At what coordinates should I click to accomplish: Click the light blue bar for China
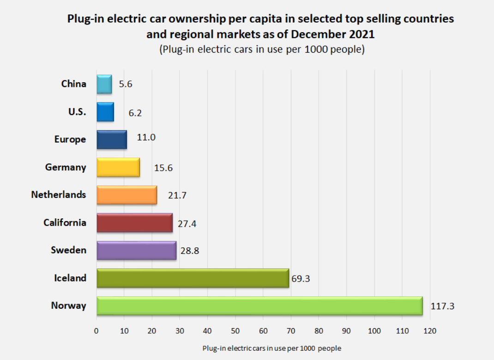pos(104,84)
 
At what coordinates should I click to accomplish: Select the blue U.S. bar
pos(105,112)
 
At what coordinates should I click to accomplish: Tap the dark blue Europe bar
pos(112,139)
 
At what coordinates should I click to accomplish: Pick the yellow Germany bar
pos(118,167)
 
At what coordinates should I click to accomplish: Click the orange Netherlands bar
pos(127,195)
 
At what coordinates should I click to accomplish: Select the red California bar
pos(134,222)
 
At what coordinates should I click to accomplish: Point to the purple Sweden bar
pos(137,250)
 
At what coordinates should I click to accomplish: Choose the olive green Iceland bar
pos(193,278)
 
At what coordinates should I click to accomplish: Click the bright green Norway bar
pos(259,306)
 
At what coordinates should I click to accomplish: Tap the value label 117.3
pos(442,306)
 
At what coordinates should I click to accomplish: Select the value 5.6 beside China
pos(126,84)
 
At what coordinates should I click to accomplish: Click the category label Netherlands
pos(59,195)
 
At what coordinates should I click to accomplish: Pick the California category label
pos(65,222)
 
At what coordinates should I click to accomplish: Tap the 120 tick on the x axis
pos(430,330)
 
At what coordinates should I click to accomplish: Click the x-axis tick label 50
pos(235,330)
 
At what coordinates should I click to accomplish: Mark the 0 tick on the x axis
pos(96,330)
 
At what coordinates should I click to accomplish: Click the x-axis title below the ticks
pos(271,348)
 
